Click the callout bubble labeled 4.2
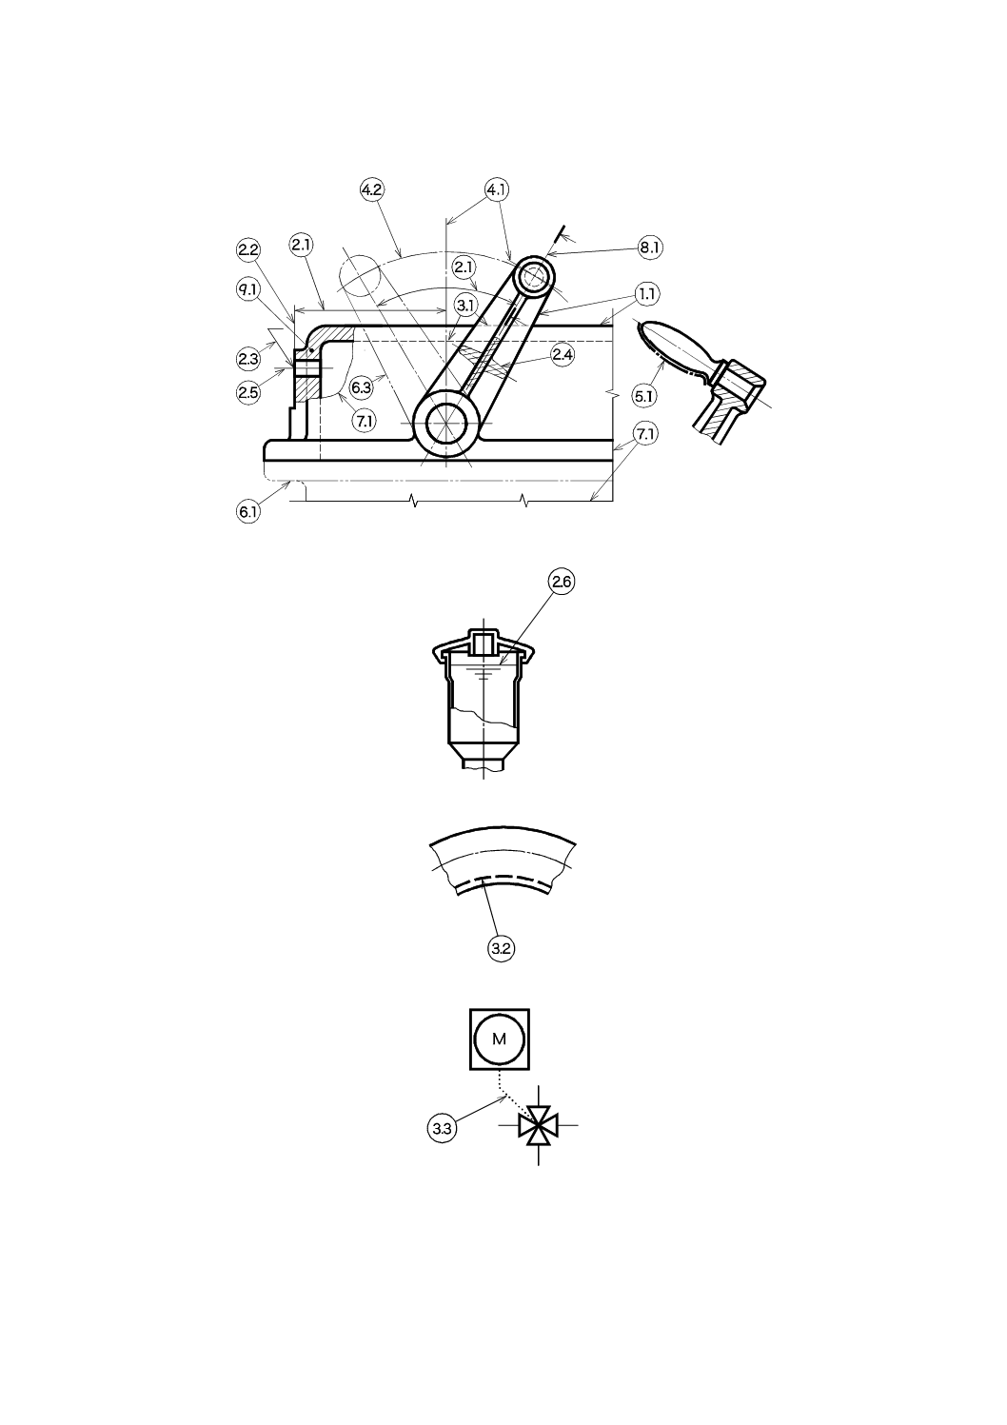(371, 189)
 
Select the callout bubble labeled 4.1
(496, 189)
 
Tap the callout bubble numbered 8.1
(650, 247)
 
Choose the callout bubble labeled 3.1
(465, 306)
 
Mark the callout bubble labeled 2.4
(562, 355)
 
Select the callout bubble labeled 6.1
(248, 512)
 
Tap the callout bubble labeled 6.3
(361, 387)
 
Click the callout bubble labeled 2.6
(562, 582)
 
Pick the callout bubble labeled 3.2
(501, 948)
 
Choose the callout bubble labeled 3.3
(441, 1129)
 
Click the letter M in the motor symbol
(500, 1039)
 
